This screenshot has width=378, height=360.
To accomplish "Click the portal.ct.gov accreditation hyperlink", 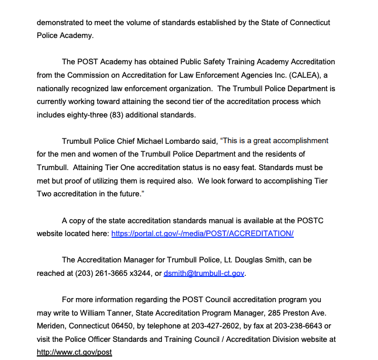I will [x=202, y=233].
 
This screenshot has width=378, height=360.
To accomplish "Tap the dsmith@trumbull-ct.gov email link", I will [x=204, y=273].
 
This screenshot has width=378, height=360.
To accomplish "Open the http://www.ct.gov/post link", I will [x=74, y=352].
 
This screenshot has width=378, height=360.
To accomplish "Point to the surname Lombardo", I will [x=193, y=141].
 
